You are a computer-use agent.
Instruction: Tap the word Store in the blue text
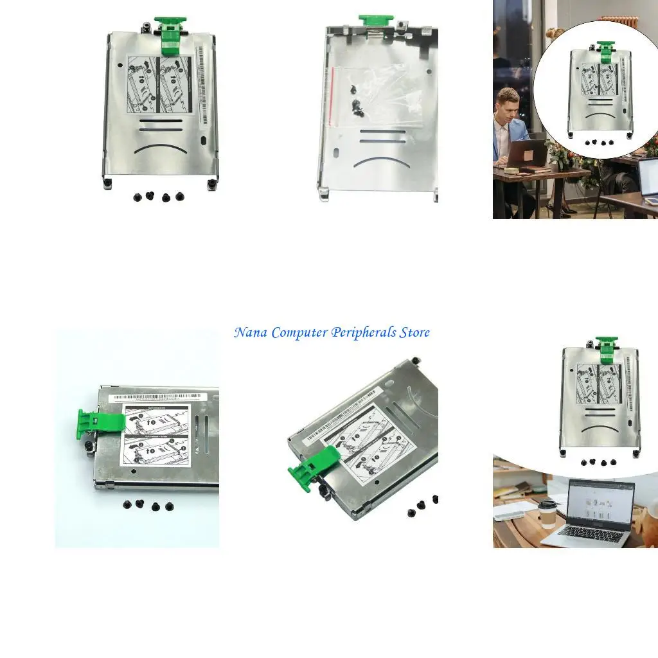point(414,333)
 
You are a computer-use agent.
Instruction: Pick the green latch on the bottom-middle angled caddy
point(314,468)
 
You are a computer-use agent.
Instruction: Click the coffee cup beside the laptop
point(547,513)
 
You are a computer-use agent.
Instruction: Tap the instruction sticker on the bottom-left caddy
point(156,436)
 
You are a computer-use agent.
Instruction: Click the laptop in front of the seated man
point(527,154)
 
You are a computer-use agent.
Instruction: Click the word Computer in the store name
point(299,333)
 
